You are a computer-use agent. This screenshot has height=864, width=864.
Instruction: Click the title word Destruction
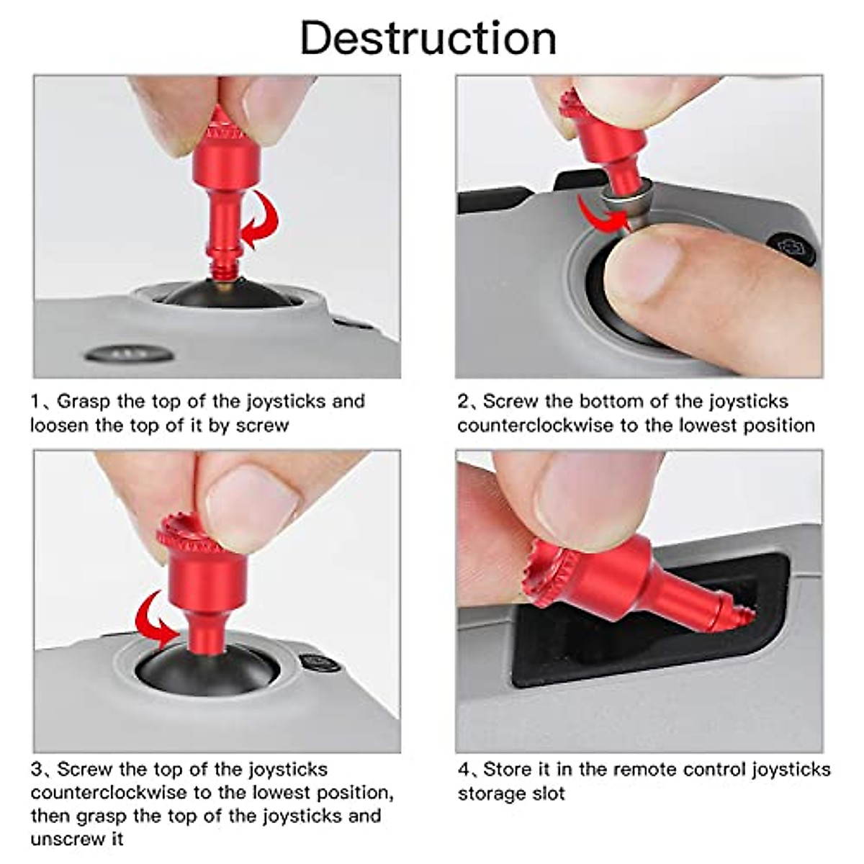coord(428,37)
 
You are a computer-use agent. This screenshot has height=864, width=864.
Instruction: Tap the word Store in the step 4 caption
coord(507,770)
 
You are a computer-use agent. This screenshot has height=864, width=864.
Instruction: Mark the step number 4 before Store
coord(464,770)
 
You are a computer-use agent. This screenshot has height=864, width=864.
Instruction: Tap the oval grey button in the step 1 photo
coord(130,354)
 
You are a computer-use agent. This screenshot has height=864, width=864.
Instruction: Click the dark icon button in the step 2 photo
coord(792,248)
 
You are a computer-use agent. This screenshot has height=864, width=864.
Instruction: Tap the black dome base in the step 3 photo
coord(209,670)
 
